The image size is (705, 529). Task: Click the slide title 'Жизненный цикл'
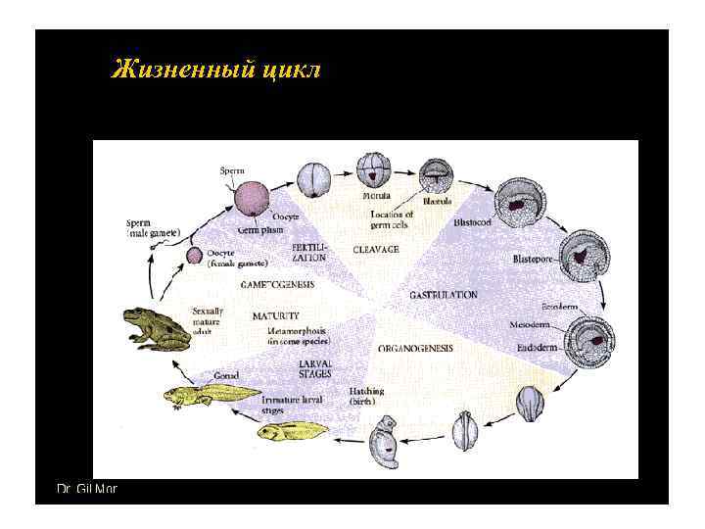216,71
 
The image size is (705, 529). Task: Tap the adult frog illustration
157,328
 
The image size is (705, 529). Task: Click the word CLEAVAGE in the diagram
375,250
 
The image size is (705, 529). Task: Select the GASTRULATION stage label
443,294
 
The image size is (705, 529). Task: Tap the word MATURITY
276,316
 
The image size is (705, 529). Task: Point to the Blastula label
437,202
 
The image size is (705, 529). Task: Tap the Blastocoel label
475,222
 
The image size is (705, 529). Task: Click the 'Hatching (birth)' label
366,396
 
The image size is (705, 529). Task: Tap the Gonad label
226,375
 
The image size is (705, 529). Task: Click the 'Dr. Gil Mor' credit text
86,487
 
